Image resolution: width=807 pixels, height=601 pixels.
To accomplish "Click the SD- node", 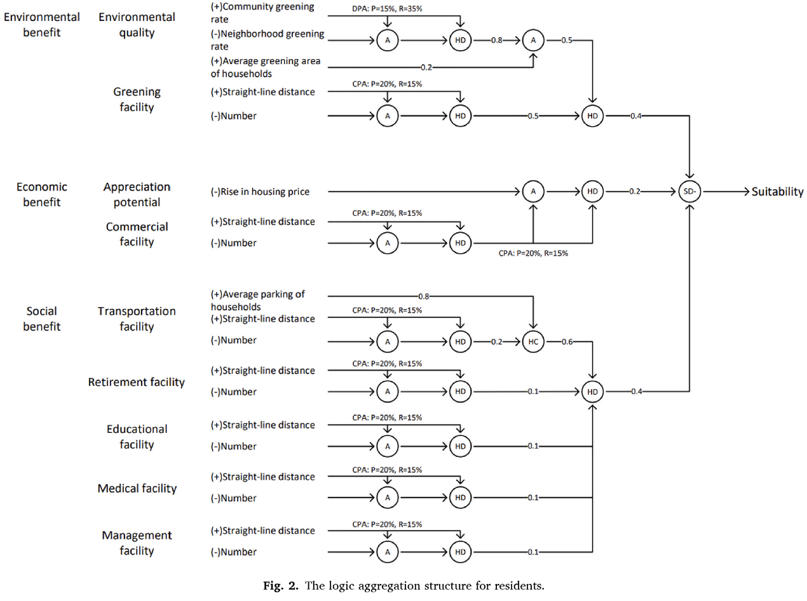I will (689, 191).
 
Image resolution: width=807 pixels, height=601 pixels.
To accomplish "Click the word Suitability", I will (778, 192).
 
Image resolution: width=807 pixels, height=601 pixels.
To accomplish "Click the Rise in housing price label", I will (261, 191).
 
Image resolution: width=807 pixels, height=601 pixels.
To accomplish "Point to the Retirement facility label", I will (137, 382).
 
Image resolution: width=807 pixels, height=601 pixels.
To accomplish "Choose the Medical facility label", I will (137, 488).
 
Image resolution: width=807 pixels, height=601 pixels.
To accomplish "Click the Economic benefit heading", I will (42, 194).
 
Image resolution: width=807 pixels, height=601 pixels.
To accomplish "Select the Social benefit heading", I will (42, 319).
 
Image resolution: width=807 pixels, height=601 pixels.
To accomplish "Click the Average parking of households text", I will (258, 300).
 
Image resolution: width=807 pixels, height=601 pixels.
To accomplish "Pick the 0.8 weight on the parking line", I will (424, 296).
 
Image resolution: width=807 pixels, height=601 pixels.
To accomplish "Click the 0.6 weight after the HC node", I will (568, 341).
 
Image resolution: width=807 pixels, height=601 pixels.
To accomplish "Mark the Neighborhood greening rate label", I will (268, 39).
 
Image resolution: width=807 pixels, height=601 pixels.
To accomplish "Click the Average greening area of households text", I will (268, 67).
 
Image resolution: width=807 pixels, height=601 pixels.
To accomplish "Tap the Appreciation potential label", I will (137, 194).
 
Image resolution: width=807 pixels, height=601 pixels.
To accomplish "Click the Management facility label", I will (137, 543).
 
